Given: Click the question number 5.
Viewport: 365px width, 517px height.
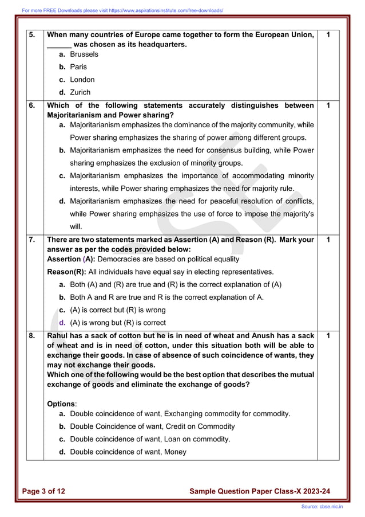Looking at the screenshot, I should pyautogui.click(x=32, y=35).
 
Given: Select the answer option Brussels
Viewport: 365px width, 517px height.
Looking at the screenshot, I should pyautogui.click(x=84, y=54).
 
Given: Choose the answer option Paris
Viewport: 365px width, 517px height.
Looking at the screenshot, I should pyautogui.click(x=78, y=67).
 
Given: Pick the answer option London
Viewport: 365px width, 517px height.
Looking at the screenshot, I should pyautogui.click(x=82, y=80).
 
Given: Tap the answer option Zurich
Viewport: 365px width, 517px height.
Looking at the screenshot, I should pyautogui.click(x=80, y=92).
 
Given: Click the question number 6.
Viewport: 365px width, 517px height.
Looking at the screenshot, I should pyautogui.click(x=32, y=105).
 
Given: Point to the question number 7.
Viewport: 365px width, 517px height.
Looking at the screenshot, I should pyautogui.click(x=32, y=240).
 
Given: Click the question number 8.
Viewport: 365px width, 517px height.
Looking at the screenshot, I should pyautogui.click(x=32, y=335).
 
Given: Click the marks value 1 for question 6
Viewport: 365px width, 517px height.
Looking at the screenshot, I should pyautogui.click(x=328, y=105).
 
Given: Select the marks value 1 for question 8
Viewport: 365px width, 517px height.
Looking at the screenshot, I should pyautogui.click(x=328, y=335).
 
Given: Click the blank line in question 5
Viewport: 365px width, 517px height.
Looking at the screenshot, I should pyautogui.click(x=58, y=45).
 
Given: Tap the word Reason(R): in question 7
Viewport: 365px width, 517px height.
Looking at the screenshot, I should pyautogui.click(x=66, y=272).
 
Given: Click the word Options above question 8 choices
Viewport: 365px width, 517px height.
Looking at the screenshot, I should pyautogui.click(x=61, y=404).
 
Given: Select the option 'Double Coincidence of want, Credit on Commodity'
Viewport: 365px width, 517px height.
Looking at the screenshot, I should pyautogui.click(x=152, y=426).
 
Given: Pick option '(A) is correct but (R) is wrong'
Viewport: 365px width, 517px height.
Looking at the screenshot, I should pyautogui.click(x=117, y=310).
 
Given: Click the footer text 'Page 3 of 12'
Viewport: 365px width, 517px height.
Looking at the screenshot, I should pyautogui.click(x=44, y=491).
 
